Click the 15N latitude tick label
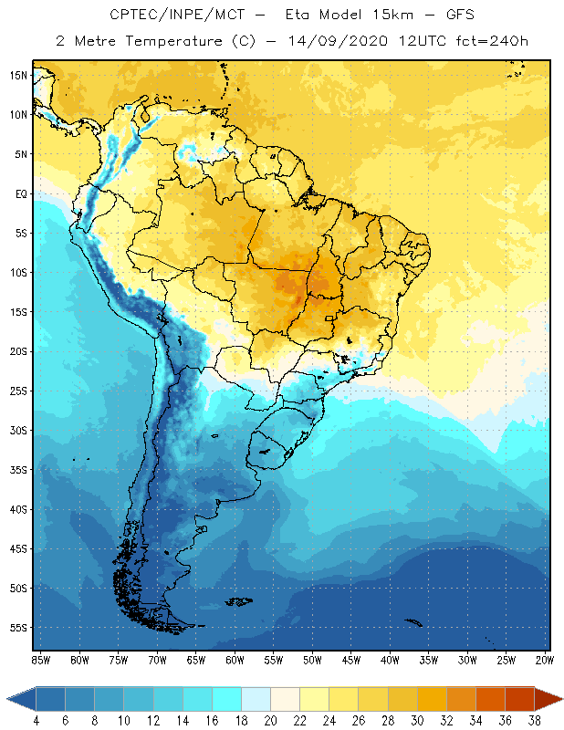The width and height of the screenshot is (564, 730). tap(18, 75)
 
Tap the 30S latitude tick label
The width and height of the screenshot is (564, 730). tap(18, 430)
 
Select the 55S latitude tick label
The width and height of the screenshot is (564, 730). tap(18, 628)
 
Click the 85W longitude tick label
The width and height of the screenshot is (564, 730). tap(40, 660)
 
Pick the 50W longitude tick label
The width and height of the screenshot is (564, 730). tap(312, 660)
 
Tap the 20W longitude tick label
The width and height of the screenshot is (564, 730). tap(545, 660)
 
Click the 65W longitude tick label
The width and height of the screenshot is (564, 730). tap(195, 660)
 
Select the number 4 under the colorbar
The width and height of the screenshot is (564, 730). tap(36, 720)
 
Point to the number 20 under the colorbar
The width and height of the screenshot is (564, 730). tap(270, 720)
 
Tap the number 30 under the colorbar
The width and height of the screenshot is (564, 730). tap(417, 720)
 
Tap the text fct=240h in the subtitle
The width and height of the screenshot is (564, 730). tap(496, 41)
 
